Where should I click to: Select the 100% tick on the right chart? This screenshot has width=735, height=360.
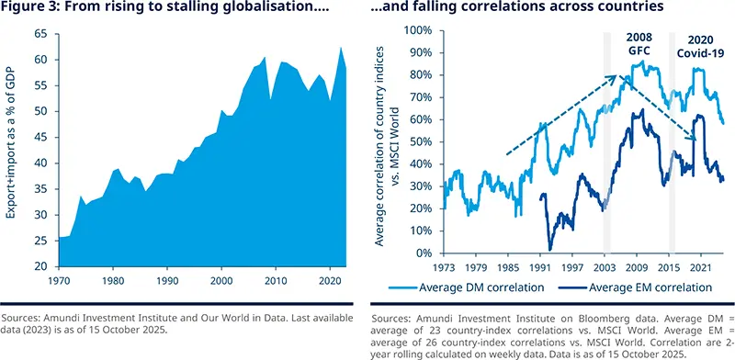[x=419, y=30]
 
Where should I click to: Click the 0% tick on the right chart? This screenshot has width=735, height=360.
[x=425, y=253]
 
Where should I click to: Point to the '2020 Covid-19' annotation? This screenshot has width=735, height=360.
[x=693, y=45]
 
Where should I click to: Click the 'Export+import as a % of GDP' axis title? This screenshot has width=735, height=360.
[x=14, y=147]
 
